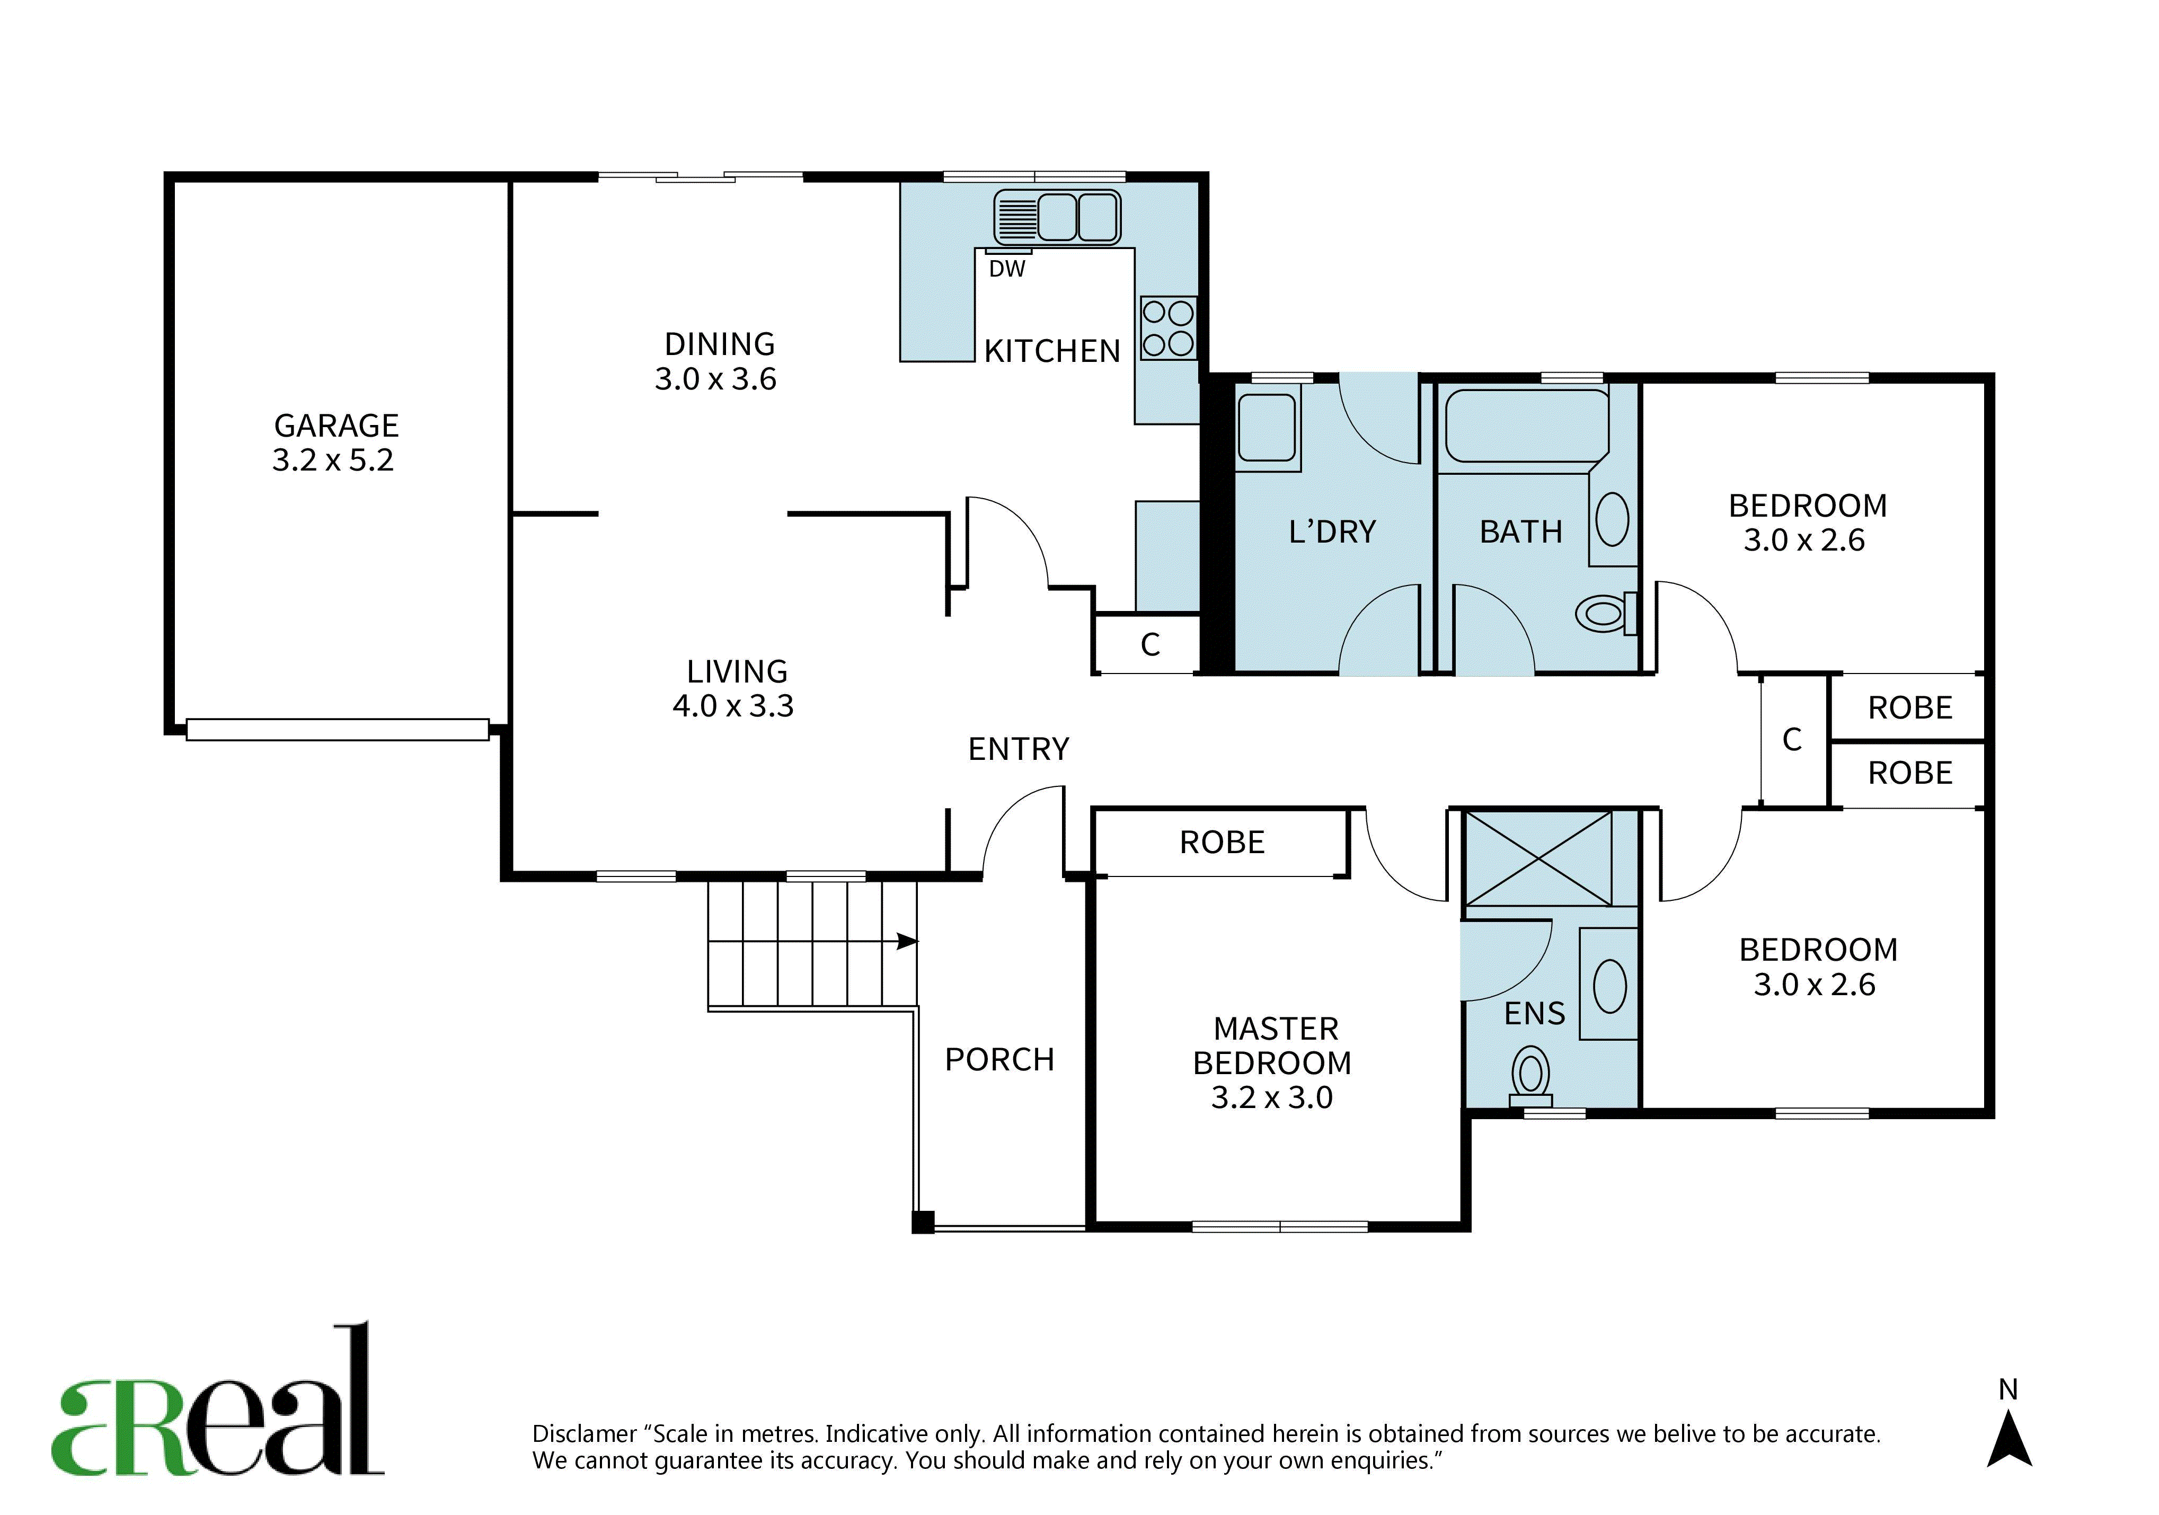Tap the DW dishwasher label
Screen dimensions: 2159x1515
1007,269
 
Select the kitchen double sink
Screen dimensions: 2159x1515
1057,217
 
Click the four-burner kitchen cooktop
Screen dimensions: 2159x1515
1168,328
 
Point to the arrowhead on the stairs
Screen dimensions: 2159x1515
907,941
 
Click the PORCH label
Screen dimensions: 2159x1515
999,1060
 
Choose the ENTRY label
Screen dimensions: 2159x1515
1019,749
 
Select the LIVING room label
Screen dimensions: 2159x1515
737,671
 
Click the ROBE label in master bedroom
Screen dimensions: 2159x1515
1223,843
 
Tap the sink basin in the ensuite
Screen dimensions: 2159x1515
1610,986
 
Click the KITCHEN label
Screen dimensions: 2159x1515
1052,352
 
